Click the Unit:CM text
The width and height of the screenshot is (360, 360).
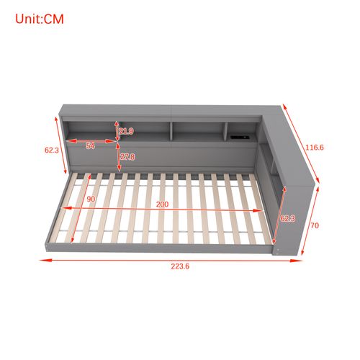pyautogui.click(x=40, y=19)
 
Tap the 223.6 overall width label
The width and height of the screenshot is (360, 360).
pyautogui.click(x=181, y=266)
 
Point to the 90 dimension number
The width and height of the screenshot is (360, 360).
pyautogui.click(x=91, y=199)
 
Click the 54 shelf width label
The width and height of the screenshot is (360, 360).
pyautogui.click(x=90, y=146)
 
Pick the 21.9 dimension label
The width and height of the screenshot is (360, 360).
pyautogui.click(x=126, y=131)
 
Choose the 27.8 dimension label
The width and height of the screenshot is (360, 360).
pyautogui.click(x=127, y=156)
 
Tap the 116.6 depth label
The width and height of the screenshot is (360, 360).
pyautogui.click(x=314, y=148)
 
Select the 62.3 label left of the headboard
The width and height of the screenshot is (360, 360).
pyautogui.click(x=50, y=150)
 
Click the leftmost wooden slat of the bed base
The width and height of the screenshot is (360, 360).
pyautogui.click(x=77, y=209)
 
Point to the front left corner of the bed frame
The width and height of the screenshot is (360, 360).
pyautogui.click(x=48, y=246)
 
